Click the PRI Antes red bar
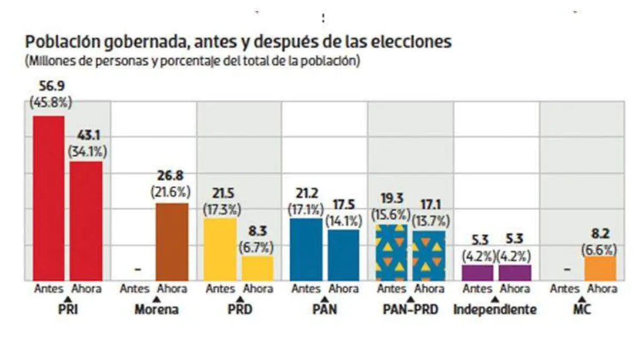point(49,198)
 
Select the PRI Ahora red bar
point(86,220)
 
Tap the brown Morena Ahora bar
point(172,241)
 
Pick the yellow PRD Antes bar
point(220,249)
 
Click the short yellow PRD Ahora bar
point(257,267)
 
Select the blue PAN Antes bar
point(305,249)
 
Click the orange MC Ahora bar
point(600,268)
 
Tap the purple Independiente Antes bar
point(477,272)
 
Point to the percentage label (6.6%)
point(600,249)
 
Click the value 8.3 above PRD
point(257,234)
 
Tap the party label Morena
point(157,310)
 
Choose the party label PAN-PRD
point(411,310)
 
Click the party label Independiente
point(495,310)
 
